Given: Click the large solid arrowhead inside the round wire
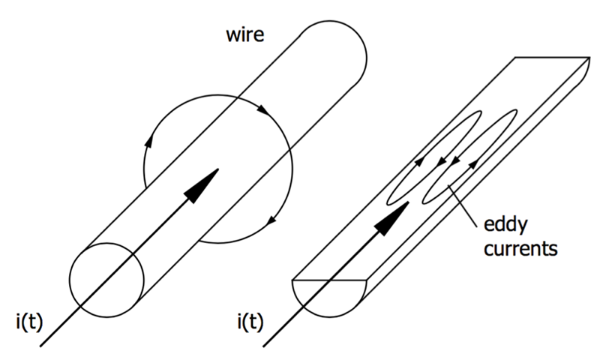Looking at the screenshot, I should (x=202, y=184).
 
